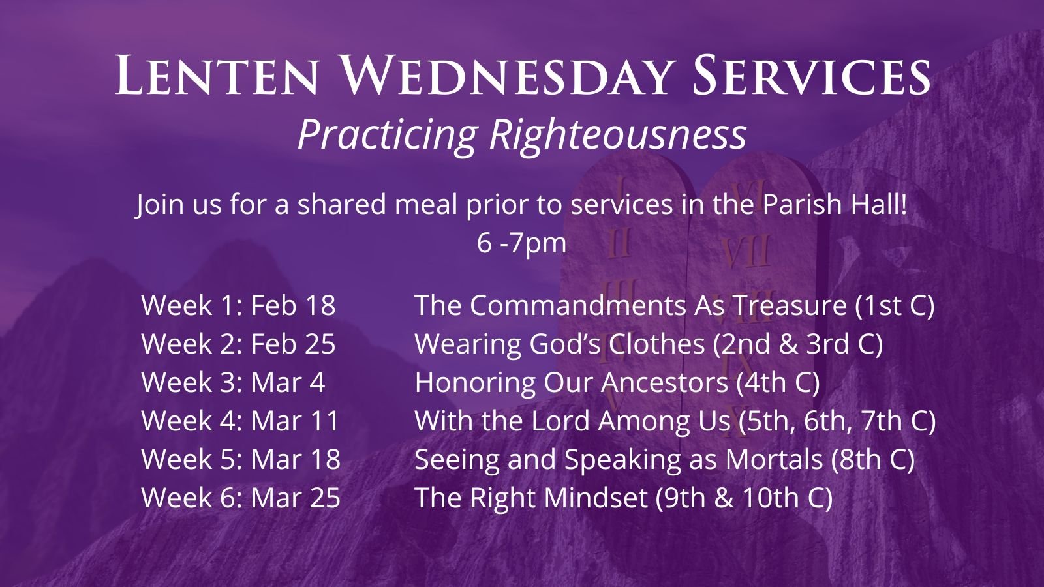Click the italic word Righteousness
617,134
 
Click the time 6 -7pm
521,244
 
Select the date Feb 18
293,305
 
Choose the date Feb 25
293,344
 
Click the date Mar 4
288,382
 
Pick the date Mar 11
295,421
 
